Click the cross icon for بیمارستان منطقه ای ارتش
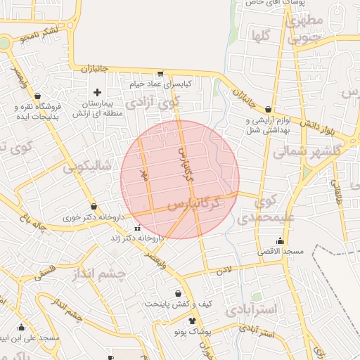pyautogui.click(x=97, y=92)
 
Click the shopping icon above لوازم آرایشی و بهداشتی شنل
pyautogui.click(x=269, y=109)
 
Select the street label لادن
pyautogui.click(x=224, y=269)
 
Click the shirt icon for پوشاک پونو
pyautogui.click(x=192, y=320)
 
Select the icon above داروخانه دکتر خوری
pyautogui.click(x=94, y=206)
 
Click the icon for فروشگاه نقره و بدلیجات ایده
pyautogui.click(x=37, y=96)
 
